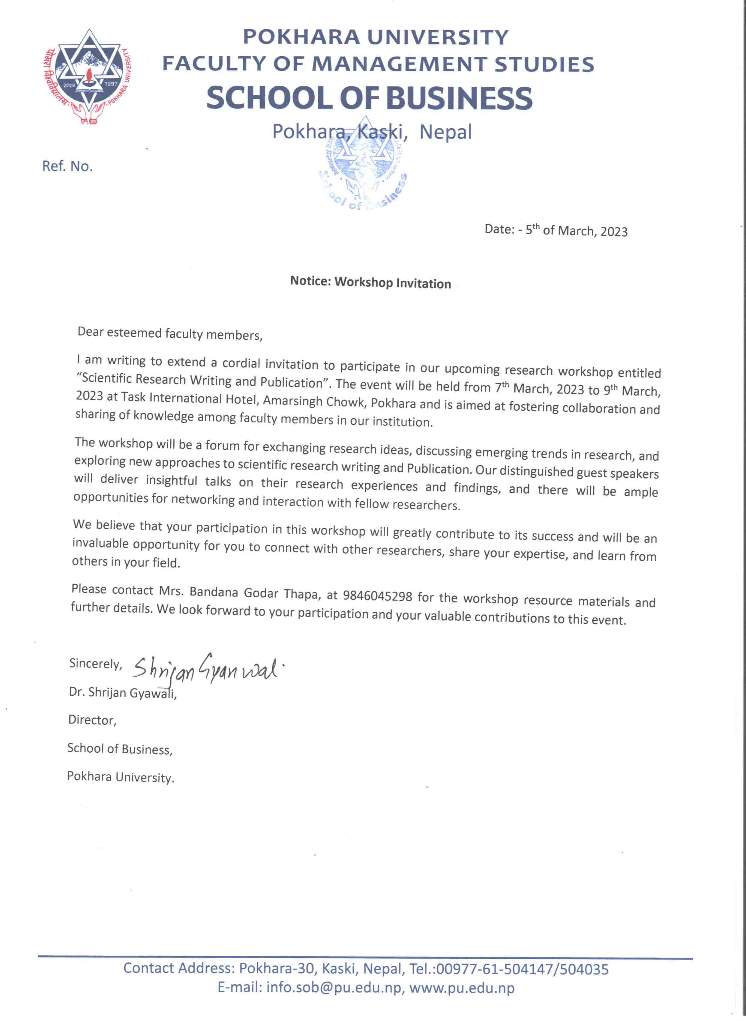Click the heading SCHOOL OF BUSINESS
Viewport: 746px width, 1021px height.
click(369, 98)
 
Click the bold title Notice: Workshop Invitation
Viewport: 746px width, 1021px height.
click(370, 282)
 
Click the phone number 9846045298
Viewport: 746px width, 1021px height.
click(378, 596)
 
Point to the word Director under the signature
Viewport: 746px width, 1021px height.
click(92, 720)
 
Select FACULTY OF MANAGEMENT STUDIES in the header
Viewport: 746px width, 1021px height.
click(378, 64)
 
